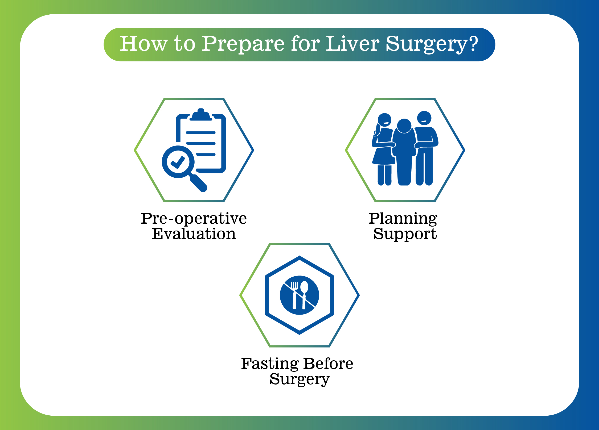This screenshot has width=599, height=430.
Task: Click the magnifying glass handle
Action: point(198,183)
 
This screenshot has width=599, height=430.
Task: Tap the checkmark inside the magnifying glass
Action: point(178,162)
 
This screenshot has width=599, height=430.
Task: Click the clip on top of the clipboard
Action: point(201,115)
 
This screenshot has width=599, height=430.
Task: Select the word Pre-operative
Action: point(194,219)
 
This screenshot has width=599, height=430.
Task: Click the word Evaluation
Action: point(194,234)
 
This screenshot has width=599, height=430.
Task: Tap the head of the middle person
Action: point(404,126)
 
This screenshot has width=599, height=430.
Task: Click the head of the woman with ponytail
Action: point(384,120)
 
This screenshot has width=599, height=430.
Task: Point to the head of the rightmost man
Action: point(424,118)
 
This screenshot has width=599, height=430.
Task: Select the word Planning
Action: point(403,219)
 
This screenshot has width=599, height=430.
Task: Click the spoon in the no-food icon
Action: point(304,295)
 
